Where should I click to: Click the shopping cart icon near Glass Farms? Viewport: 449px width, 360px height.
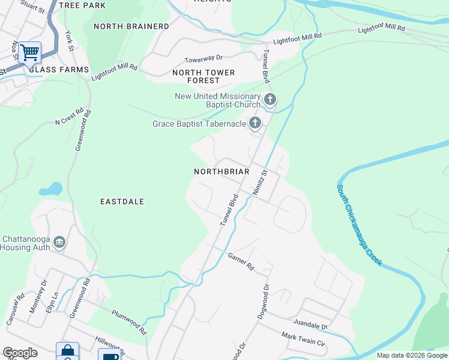click(29, 52)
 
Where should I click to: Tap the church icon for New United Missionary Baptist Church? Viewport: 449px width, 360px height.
click(270, 99)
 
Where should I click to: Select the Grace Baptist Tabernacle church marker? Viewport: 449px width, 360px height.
click(255, 124)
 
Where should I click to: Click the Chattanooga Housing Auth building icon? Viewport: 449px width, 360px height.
click(59, 242)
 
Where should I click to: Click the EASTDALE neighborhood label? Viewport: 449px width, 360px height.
click(122, 202)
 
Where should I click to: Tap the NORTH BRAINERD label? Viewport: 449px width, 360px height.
click(131, 26)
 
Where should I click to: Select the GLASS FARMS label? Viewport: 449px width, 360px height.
click(59, 70)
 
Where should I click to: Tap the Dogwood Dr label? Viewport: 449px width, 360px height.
click(263, 302)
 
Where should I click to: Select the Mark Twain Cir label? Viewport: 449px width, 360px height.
click(303, 340)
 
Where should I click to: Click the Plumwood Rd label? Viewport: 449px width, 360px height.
click(129, 322)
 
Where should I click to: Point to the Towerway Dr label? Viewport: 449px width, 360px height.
click(203, 58)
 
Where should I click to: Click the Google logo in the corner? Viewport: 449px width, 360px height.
click(20, 353)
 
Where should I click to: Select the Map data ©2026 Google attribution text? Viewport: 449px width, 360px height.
click(412, 355)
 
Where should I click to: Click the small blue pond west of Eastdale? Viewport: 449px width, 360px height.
click(50, 190)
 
